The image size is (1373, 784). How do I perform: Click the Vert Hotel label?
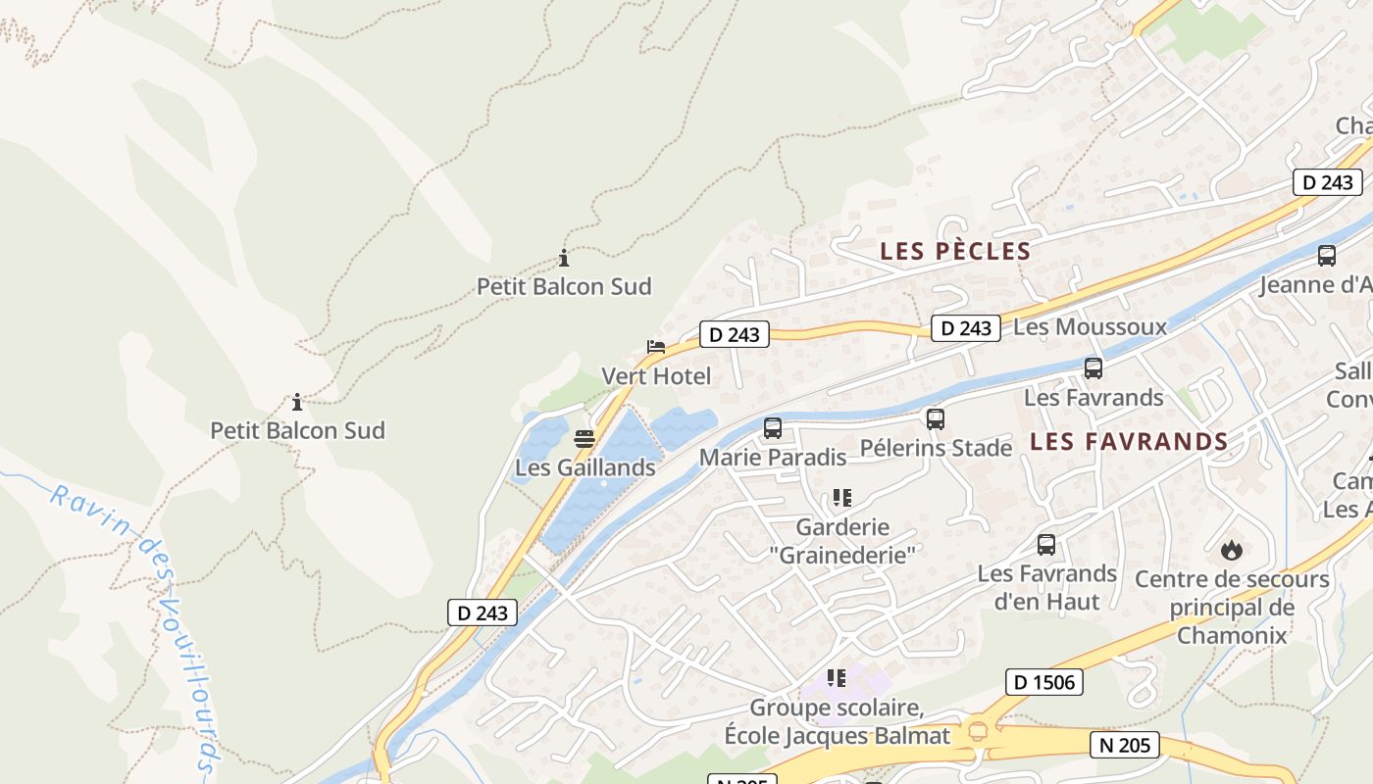(x=655, y=376)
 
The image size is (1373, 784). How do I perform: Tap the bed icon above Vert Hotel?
(x=655, y=347)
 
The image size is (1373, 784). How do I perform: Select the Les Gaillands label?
(x=585, y=467)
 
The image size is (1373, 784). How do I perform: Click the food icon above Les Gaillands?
(x=585, y=438)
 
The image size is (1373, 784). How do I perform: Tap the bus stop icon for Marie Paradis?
(x=773, y=428)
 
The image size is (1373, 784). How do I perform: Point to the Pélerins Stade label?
(x=936, y=448)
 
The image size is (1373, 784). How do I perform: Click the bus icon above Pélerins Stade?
(x=936, y=419)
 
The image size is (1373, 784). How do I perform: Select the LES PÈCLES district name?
(x=955, y=251)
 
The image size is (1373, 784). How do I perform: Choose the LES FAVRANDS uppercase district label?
(x=1129, y=442)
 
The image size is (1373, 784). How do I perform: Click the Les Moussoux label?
(x=1090, y=326)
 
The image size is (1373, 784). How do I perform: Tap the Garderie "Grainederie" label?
(x=841, y=540)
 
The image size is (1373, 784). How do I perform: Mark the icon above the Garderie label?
(x=840, y=498)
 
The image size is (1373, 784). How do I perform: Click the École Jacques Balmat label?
(x=837, y=735)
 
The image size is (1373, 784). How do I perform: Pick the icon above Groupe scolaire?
(x=836, y=677)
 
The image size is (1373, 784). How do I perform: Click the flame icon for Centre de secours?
(x=1232, y=550)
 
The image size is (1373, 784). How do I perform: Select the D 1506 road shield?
(x=1043, y=682)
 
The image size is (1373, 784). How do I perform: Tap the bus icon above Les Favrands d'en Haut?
(x=1046, y=544)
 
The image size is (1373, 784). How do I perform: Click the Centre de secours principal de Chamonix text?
(x=1232, y=607)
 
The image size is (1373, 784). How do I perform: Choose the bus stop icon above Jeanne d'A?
(x=1327, y=256)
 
